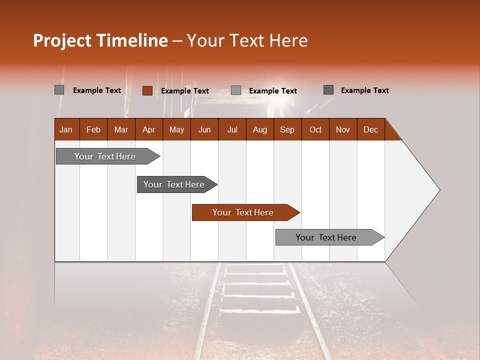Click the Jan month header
[66, 129]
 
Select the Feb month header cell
[93, 129]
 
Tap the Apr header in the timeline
[148, 129]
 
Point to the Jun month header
[204, 129]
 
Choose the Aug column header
[259, 129]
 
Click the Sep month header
[287, 129]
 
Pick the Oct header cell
[315, 129]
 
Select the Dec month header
[370, 129]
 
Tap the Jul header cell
[232, 129]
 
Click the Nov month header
[343, 129]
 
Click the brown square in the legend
[147, 90]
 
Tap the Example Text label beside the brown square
[184, 91]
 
